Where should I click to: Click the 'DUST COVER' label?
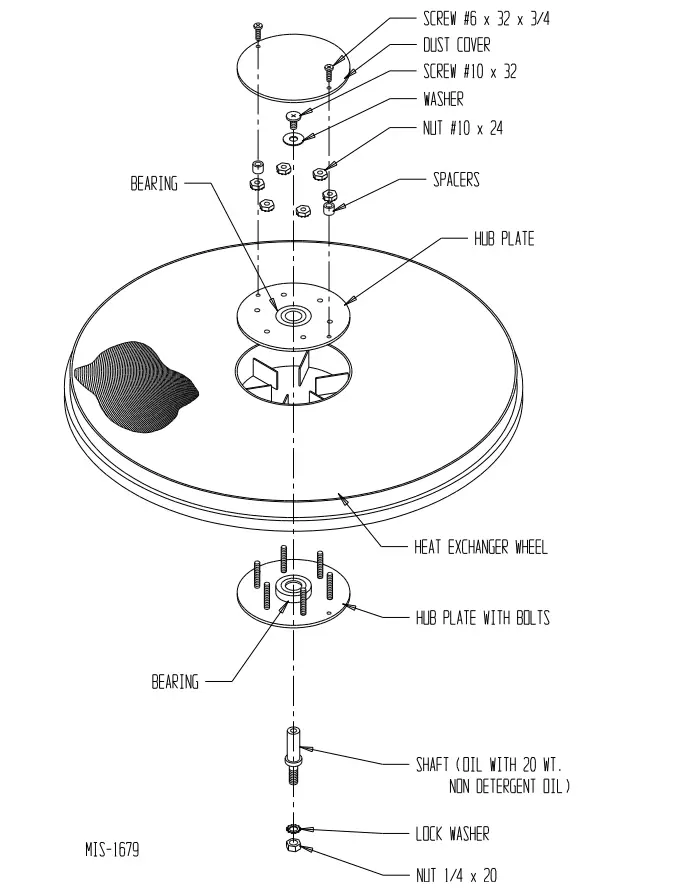click(x=459, y=45)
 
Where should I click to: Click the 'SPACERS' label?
click(x=455, y=180)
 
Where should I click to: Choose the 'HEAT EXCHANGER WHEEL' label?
click(x=480, y=547)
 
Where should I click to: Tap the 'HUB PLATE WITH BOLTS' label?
click(x=482, y=617)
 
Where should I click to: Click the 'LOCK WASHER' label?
click(x=452, y=833)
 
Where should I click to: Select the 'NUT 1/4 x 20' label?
click(x=455, y=875)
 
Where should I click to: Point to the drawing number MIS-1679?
click(x=112, y=850)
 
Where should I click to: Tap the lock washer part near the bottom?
click(x=293, y=829)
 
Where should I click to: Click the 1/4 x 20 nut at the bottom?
click(x=293, y=848)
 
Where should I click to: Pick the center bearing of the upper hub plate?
click(x=293, y=317)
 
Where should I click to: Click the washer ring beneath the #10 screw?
click(x=293, y=138)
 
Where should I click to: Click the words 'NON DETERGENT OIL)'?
click(x=509, y=786)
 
